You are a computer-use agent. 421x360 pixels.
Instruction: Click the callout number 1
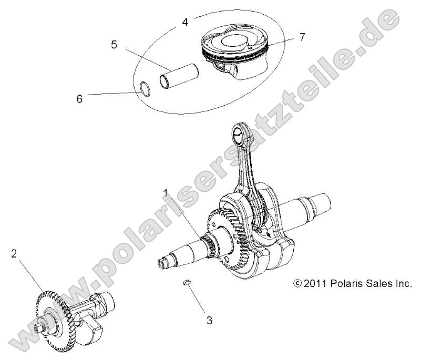(x=166, y=193)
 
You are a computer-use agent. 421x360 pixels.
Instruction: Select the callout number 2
(x=14, y=254)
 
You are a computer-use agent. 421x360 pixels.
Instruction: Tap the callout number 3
(x=209, y=320)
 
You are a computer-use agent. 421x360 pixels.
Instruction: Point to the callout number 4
(x=184, y=22)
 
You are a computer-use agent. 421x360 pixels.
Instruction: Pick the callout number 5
(x=114, y=45)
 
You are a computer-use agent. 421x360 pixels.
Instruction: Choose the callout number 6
(x=80, y=98)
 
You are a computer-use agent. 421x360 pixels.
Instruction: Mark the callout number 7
(x=301, y=37)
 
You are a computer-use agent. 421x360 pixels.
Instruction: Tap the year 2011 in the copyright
(x=316, y=284)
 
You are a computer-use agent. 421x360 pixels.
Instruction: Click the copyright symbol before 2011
(x=298, y=284)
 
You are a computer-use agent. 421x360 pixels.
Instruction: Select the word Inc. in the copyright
(x=403, y=284)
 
